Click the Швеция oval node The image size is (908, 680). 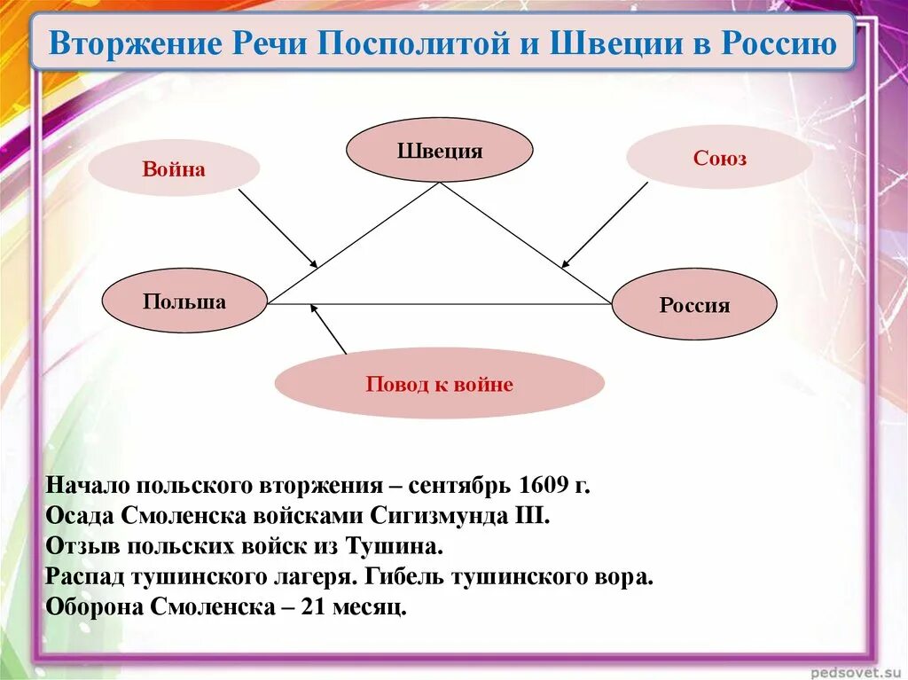click(439, 151)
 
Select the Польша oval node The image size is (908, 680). click(184, 301)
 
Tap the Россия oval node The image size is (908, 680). click(694, 305)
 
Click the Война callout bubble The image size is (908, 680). click(174, 168)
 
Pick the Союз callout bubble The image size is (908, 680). click(719, 158)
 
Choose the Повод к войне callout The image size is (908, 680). click(439, 384)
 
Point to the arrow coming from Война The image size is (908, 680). click(278, 227)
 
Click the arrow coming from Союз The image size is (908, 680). click(605, 224)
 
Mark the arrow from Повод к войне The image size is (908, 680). click(328, 329)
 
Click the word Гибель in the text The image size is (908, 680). click(403, 577)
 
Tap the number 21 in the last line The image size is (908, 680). click(312, 608)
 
